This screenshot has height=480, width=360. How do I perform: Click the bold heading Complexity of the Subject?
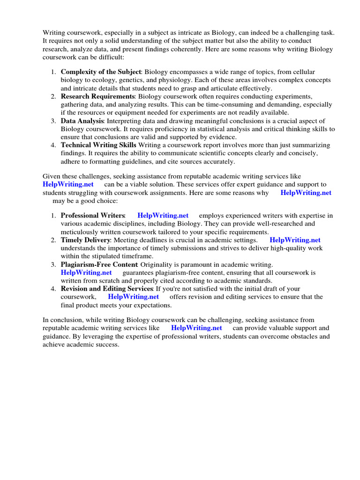pos(101,72)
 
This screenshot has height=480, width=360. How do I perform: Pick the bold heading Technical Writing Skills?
pos(98,145)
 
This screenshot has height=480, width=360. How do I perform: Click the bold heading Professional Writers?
pos(93,215)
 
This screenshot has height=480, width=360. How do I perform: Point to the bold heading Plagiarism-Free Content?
pos(103,264)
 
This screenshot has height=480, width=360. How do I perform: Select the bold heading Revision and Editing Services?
pos(107,289)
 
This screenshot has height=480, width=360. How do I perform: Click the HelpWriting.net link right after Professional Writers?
pos(163,215)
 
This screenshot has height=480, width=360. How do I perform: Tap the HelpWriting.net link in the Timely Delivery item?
pos(295,240)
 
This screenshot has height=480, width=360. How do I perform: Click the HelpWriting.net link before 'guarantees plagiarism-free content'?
pos(86,272)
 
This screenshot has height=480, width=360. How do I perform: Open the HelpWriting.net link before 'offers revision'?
pos(133,297)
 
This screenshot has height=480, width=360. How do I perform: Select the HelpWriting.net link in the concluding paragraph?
pos(196,328)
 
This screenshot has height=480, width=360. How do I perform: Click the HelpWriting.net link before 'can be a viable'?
pos(68,184)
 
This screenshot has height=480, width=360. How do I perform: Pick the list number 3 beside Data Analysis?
pos(53,120)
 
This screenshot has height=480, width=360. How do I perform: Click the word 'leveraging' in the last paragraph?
pos(93,336)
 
